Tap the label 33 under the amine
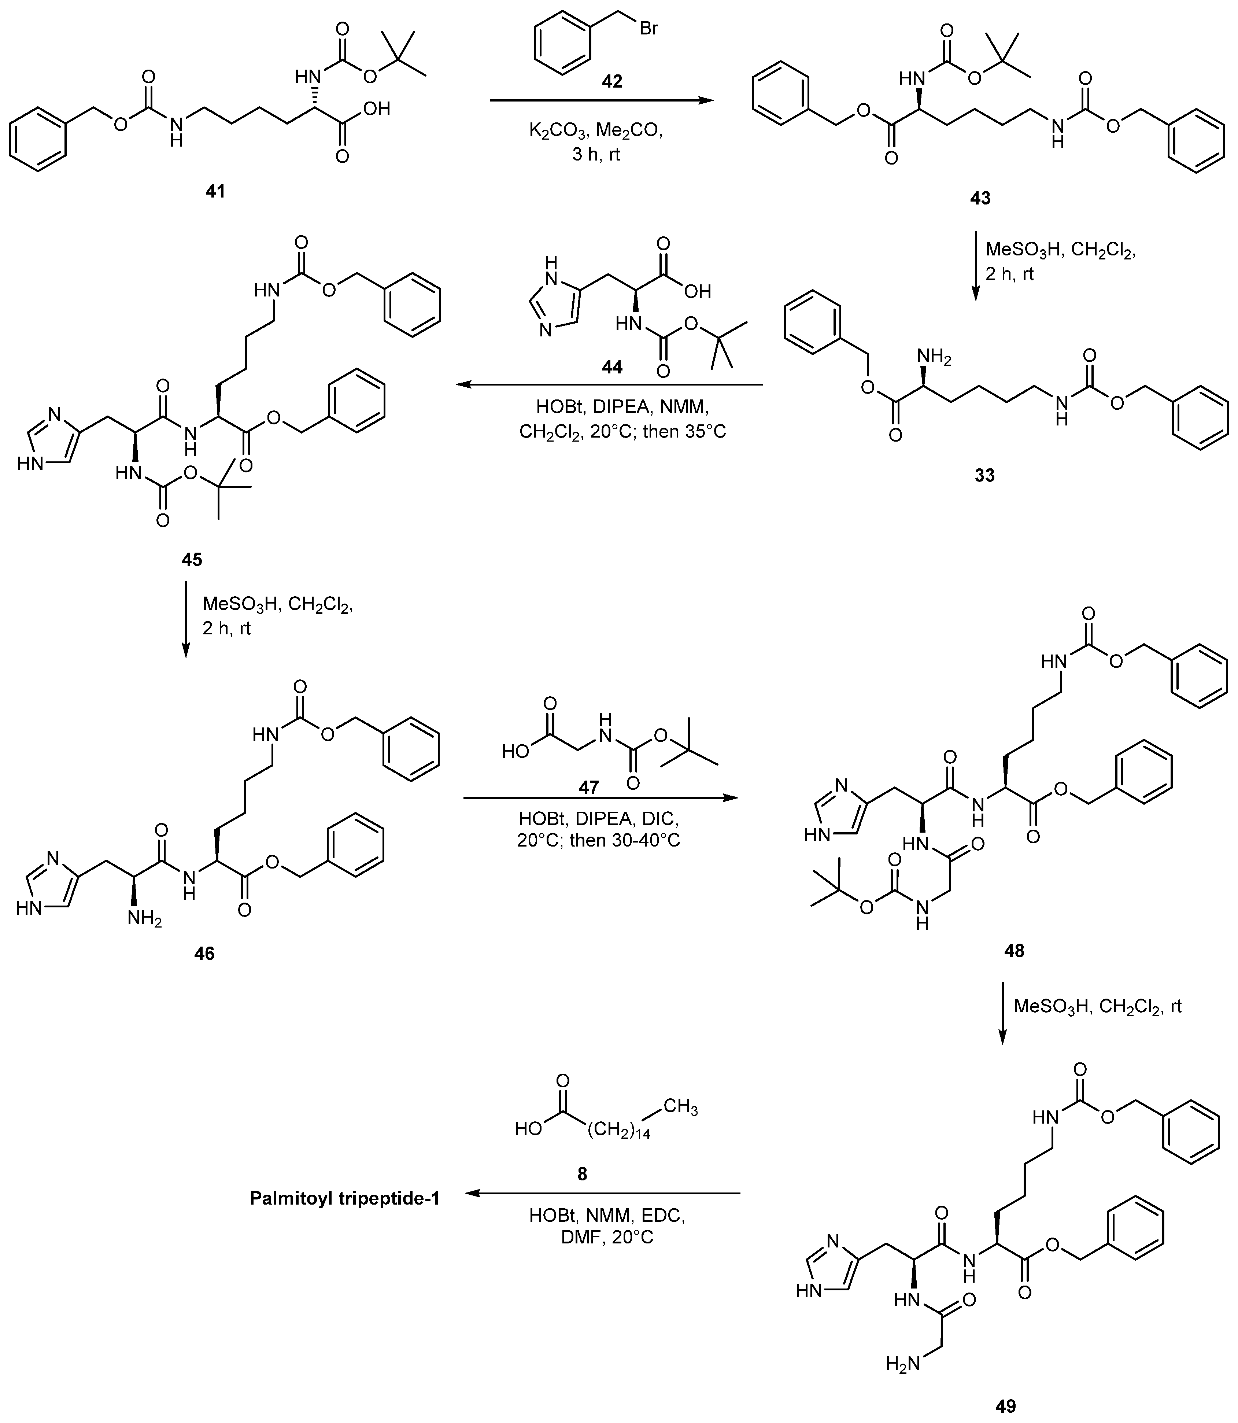tap(984, 475)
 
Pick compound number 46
tap(204, 953)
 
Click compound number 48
tap(1014, 951)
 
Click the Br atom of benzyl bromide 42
tap(648, 29)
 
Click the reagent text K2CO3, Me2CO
tap(595, 131)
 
